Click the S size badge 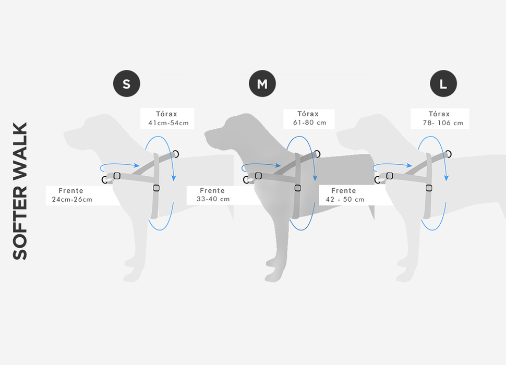click(x=126, y=83)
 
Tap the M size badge click(x=262, y=83)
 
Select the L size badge click(x=443, y=83)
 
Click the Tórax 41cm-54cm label click(x=167, y=119)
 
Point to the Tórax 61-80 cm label click(x=308, y=119)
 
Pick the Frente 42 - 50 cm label click(x=345, y=195)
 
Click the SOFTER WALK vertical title click(x=20, y=191)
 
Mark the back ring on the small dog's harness click(x=175, y=153)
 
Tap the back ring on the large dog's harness click(x=448, y=153)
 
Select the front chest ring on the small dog click(x=105, y=180)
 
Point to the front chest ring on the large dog click(x=377, y=180)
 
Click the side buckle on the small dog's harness click(x=156, y=188)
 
